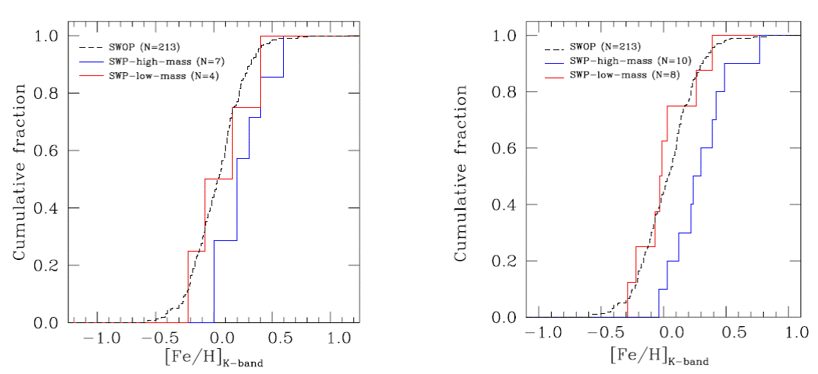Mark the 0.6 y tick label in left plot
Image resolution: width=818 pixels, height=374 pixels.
(47, 151)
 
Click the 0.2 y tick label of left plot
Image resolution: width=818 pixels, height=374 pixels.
(47, 265)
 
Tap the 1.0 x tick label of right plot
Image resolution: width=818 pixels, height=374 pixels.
(796, 334)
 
